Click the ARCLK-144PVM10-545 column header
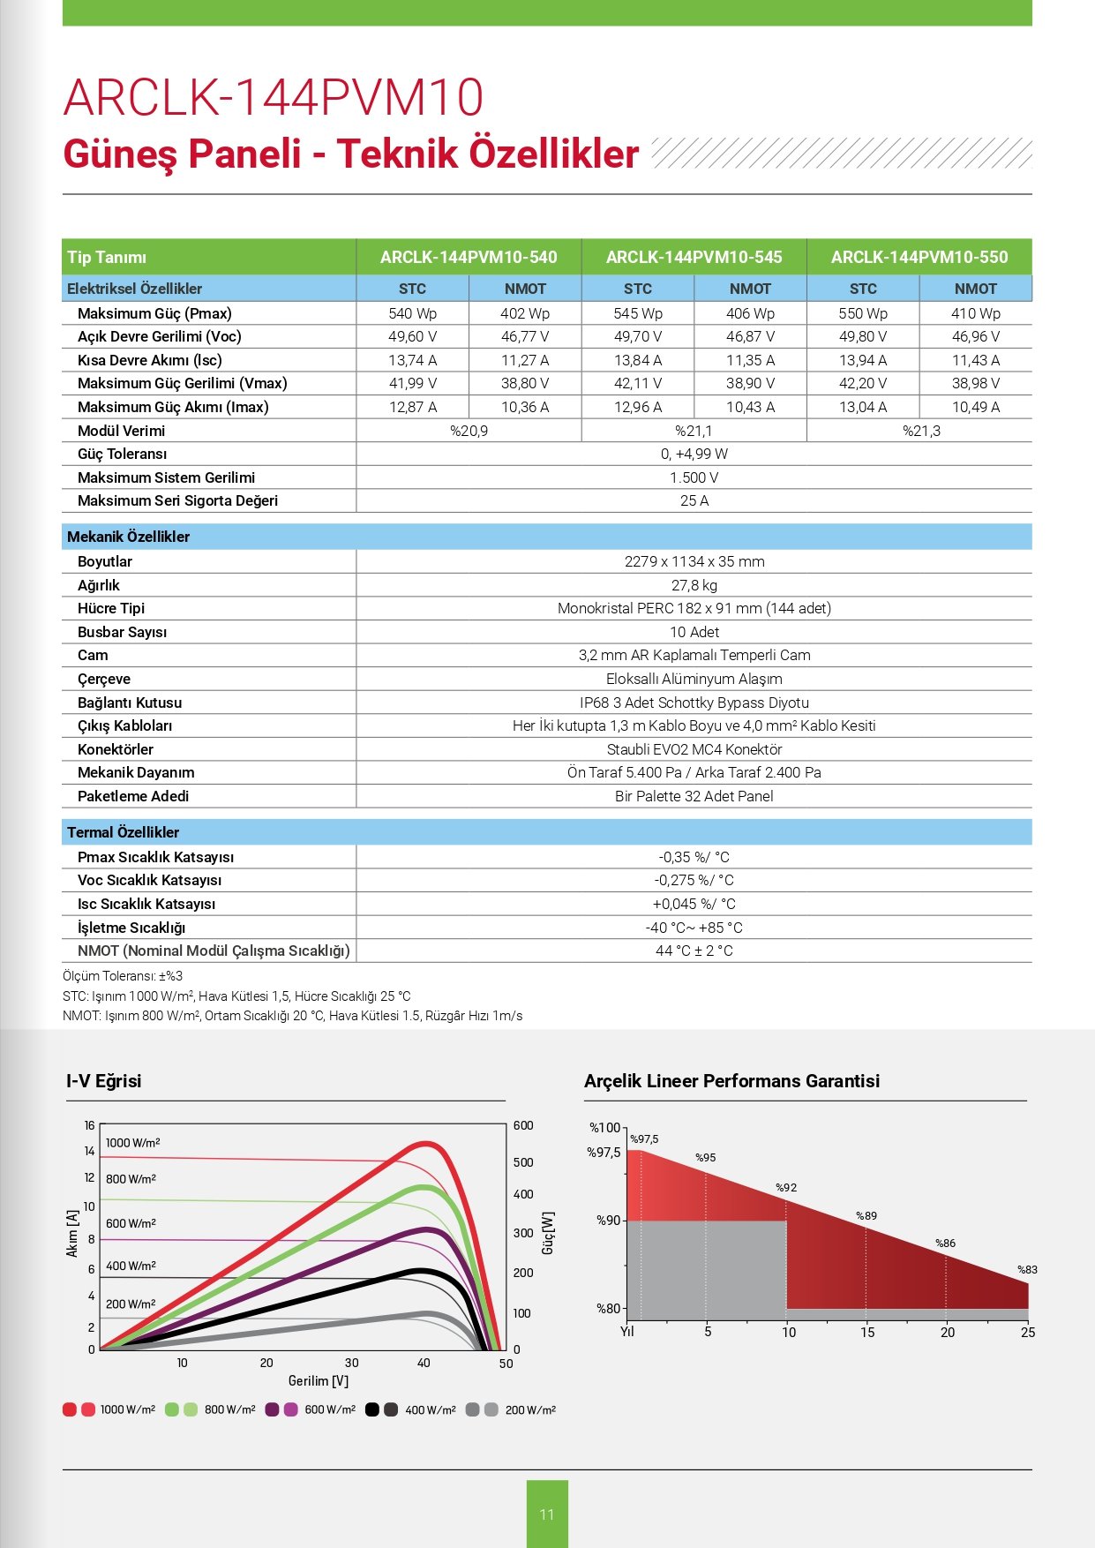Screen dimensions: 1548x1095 (694, 257)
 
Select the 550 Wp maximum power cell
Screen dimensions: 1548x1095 (863, 313)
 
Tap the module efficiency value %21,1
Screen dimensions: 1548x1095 (694, 431)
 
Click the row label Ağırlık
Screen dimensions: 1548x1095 (99, 585)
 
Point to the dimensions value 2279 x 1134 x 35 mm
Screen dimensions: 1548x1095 (694, 561)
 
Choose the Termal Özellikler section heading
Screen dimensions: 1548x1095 (123, 832)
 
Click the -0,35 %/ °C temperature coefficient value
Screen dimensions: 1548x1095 (694, 857)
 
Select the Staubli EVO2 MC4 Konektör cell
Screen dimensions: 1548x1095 (694, 749)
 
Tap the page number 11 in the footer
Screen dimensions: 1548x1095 (547, 1514)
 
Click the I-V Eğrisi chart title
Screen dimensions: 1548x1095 (104, 1081)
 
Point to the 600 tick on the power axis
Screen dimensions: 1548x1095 (523, 1125)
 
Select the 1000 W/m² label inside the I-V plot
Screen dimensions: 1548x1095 (132, 1143)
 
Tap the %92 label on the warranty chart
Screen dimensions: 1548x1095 (786, 1188)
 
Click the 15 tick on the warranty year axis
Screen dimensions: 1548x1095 (867, 1333)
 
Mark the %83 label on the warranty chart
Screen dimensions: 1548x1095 (1027, 1270)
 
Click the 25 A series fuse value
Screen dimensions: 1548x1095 (694, 500)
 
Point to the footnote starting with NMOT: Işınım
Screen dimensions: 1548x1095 (292, 1016)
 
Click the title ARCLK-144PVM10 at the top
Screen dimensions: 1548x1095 (274, 97)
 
